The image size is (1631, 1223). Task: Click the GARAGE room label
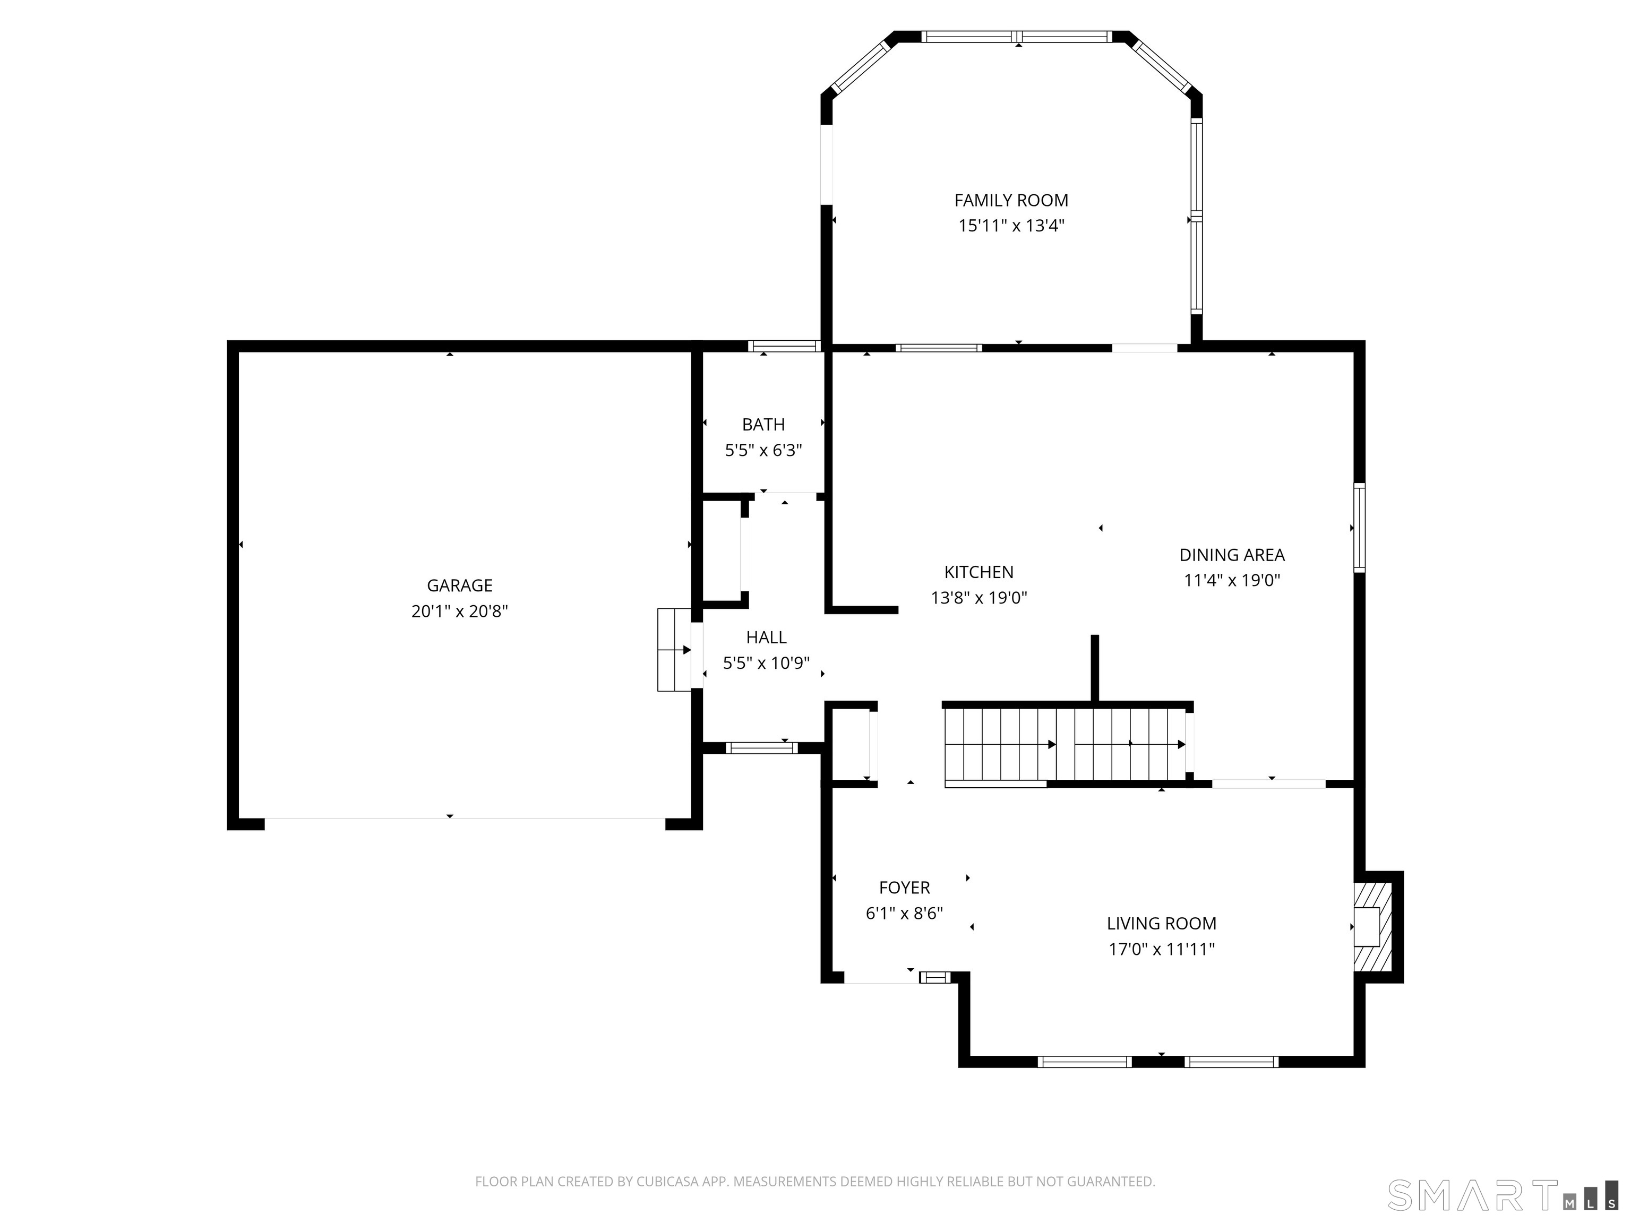pyautogui.click(x=459, y=585)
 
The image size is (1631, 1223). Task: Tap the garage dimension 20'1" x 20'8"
pyautogui.click(x=459, y=611)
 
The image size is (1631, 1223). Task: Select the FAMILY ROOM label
pyautogui.click(x=1011, y=201)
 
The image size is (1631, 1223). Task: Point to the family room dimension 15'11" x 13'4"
pyautogui.click(x=1011, y=226)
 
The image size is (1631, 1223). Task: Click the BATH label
pyautogui.click(x=763, y=425)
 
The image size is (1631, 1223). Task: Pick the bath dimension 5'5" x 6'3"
pyautogui.click(x=763, y=451)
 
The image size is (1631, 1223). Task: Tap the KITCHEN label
pyautogui.click(x=978, y=572)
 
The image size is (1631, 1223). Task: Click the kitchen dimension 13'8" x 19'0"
pyautogui.click(x=978, y=598)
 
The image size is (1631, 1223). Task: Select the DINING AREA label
pyautogui.click(x=1231, y=555)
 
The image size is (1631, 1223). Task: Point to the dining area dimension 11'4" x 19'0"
pyautogui.click(x=1231, y=580)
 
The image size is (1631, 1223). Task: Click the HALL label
pyautogui.click(x=766, y=638)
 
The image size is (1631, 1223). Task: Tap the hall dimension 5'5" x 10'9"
pyautogui.click(x=766, y=664)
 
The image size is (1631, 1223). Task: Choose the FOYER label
pyautogui.click(x=904, y=888)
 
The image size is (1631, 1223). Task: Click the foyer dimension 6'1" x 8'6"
pyautogui.click(x=904, y=914)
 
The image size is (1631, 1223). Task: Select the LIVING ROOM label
pyautogui.click(x=1161, y=924)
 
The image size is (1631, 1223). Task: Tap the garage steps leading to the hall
pyautogui.click(x=674, y=650)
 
